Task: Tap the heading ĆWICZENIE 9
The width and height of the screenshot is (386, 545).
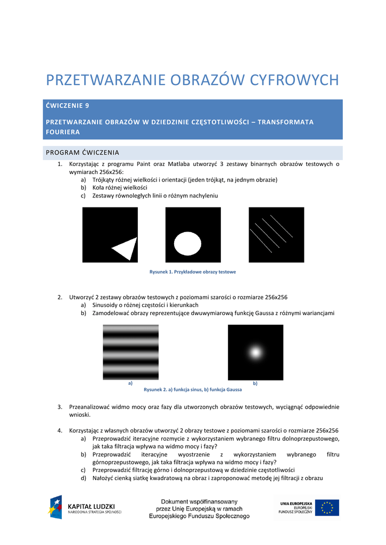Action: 68,105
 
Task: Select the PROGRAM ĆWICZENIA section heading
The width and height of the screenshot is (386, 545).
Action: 83,153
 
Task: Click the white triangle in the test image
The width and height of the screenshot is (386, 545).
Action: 124,248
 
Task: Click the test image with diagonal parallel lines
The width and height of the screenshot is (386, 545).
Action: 276,235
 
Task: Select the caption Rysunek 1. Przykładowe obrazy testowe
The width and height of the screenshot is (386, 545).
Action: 193,272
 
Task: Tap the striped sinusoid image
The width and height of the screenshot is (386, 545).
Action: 130,352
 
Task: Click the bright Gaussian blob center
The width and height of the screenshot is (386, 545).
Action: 256,352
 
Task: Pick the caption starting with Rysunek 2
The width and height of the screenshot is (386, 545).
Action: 193,390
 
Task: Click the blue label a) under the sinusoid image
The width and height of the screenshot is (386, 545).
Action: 130,383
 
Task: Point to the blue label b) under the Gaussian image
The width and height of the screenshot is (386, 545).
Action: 255,383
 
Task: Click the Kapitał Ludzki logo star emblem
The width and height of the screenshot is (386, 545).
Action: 56,507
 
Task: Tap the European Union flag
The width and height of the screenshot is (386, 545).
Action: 327,507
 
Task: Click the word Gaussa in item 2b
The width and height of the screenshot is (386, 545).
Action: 261,313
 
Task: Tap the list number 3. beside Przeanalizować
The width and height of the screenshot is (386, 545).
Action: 60,407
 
